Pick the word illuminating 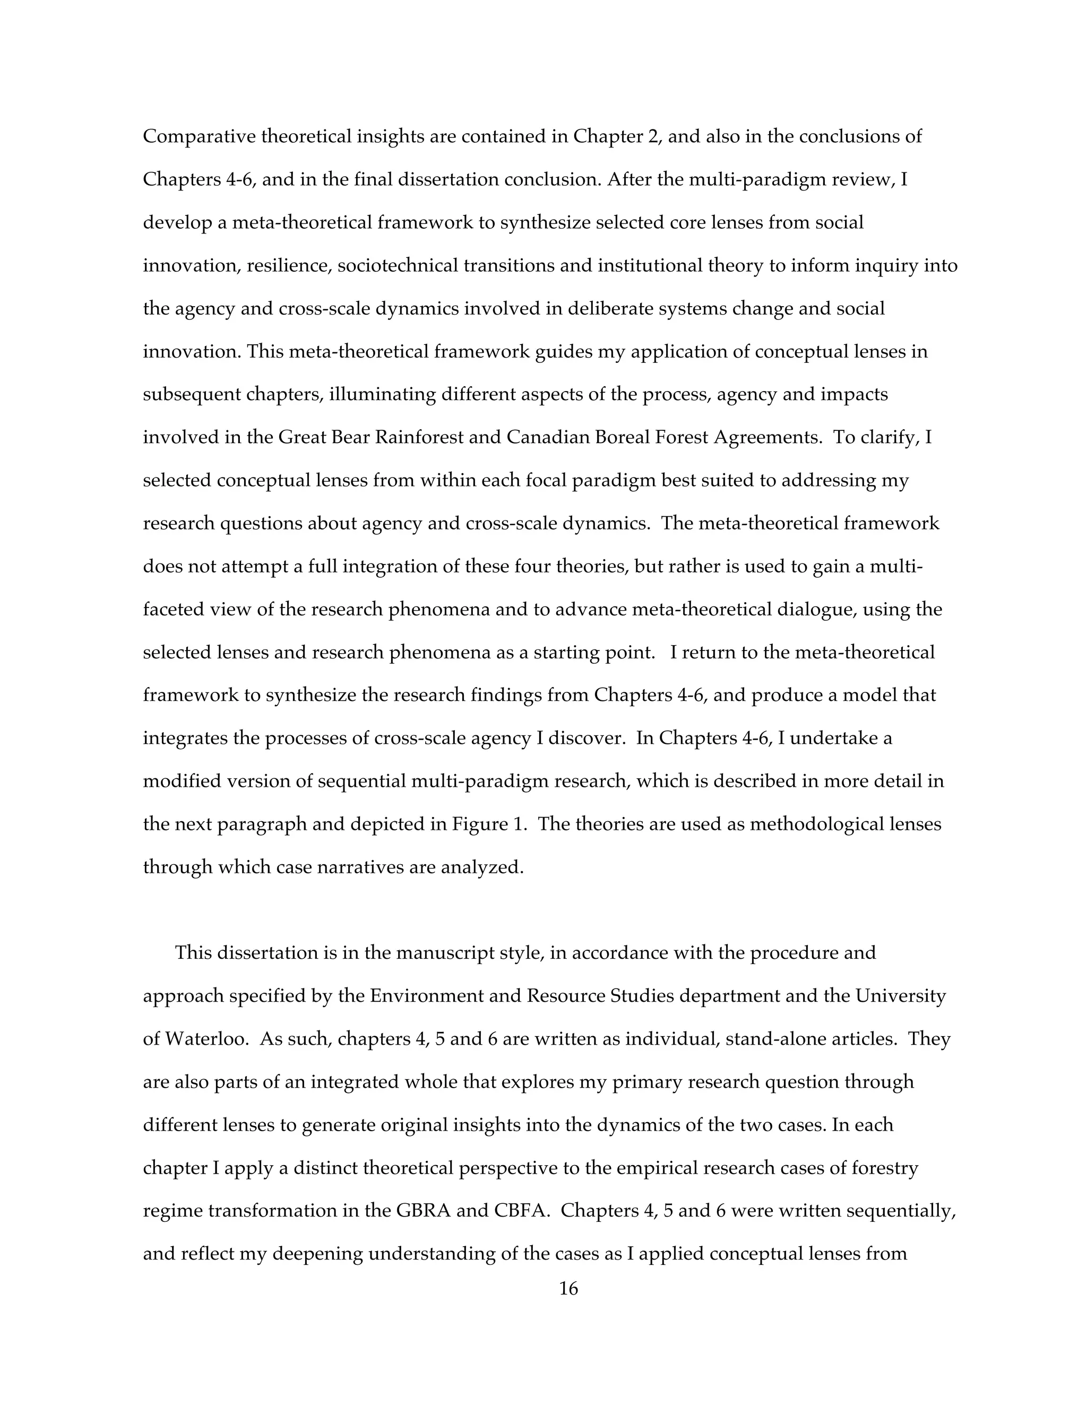[383, 394]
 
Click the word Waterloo [206, 1039]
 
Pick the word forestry [884, 1168]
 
